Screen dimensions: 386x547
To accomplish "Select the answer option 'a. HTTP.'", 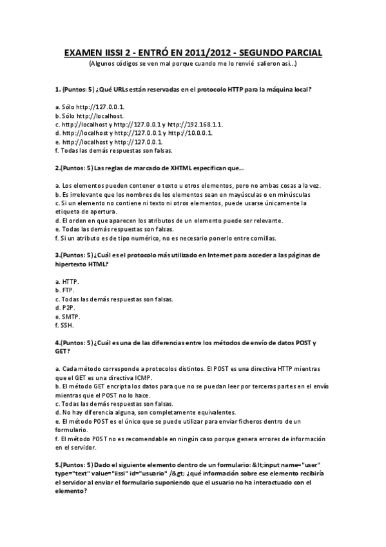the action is coord(68,281).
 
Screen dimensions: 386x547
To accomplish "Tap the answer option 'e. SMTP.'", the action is coord(68,317).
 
